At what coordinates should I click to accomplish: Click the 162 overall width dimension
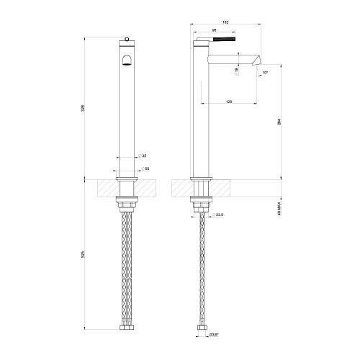(x=228, y=21)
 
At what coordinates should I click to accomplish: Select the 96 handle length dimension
(x=214, y=30)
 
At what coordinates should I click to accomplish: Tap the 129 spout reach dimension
(x=229, y=102)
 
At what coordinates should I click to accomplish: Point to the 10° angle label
(x=266, y=73)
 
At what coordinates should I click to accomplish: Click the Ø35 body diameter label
(x=143, y=156)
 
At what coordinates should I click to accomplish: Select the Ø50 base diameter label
(x=146, y=168)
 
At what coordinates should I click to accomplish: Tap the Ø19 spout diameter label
(x=237, y=69)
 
